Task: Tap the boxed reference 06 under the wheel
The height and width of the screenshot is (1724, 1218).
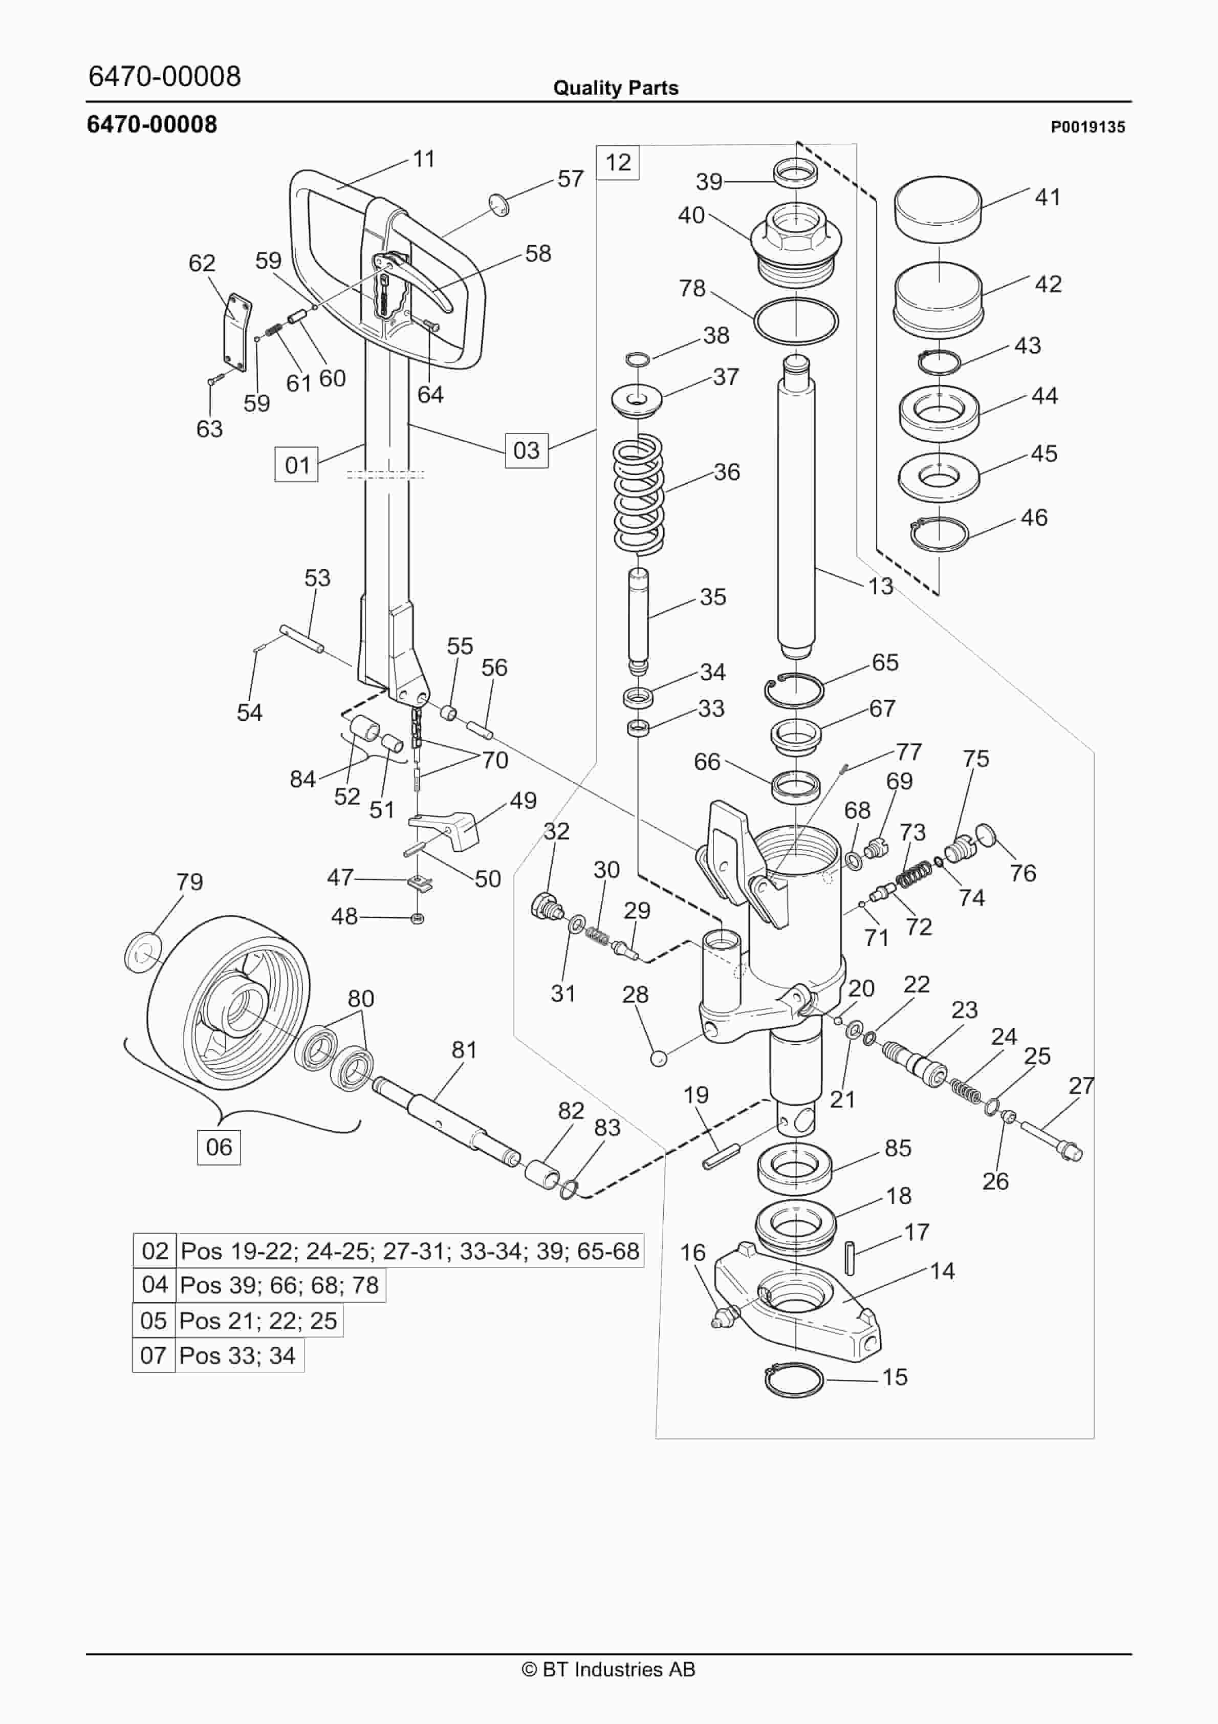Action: pyautogui.click(x=219, y=1147)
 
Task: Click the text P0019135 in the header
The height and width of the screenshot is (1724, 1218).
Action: pyautogui.click(x=1087, y=127)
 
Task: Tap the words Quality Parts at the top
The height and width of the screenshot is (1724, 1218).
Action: pyautogui.click(x=615, y=88)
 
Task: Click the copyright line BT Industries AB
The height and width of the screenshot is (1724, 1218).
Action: pyautogui.click(x=608, y=1669)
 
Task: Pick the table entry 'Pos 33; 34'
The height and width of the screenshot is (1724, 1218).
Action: pyautogui.click(x=238, y=1355)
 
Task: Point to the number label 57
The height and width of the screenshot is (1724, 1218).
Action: pyautogui.click(x=570, y=179)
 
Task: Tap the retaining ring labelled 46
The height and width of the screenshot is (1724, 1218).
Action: pyautogui.click(x=939, y=534)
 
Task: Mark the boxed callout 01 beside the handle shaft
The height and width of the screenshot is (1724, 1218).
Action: pyautogui.click(x=297, y=465)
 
